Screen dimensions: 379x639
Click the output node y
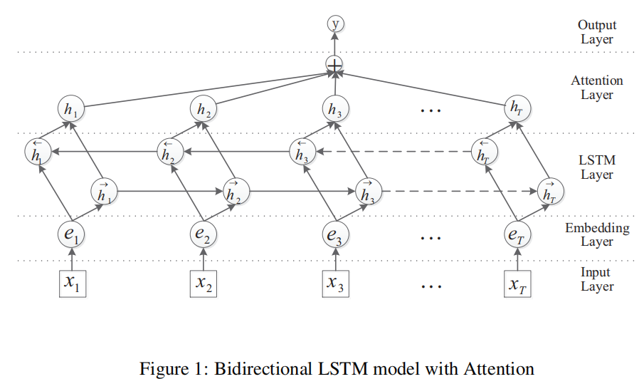[334, 24]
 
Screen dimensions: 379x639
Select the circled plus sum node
[334, 64]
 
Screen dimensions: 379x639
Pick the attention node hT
[517, 108]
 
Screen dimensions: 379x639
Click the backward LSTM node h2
[169, 151]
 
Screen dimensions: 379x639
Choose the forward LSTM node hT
[551, 191]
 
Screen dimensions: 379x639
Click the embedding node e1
[71, 233]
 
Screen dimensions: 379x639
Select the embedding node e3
[334, 233]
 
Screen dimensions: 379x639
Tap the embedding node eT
[517, 233]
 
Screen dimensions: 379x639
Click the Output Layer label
[596, 32]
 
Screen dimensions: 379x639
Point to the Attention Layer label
[596, 88]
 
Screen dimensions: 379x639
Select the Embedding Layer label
[597, 235]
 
